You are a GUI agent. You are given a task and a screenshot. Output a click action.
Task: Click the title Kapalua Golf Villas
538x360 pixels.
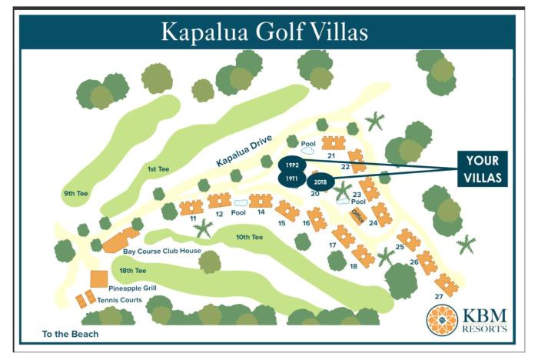tap(264, 32)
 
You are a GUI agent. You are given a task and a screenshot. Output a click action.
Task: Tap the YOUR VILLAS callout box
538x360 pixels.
tap(482, 168)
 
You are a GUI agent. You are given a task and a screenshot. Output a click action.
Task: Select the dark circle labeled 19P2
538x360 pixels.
tap(291, 165)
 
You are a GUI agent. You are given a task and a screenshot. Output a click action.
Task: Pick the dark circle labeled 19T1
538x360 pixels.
tap(291, 179)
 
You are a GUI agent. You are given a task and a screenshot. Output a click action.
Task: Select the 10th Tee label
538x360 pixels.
tap(250, 237)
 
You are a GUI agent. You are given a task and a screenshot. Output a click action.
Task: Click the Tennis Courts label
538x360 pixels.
tap(121, 299)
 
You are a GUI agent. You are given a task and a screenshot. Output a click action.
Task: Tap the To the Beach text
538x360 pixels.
tap(71, 335)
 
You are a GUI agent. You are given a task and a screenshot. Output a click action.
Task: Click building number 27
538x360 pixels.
tap(439, 296)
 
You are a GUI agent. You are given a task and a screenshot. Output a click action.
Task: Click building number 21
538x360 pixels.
tap(332, 155)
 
